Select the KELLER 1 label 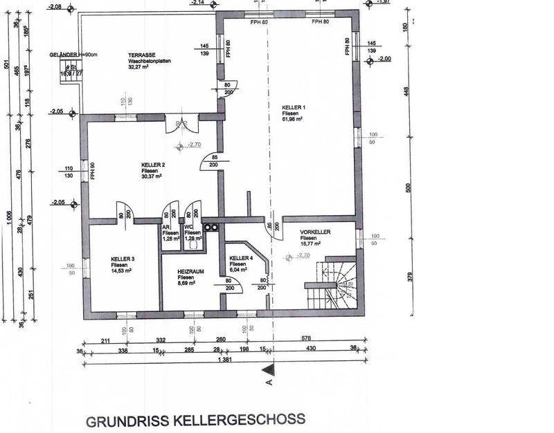(x=294, y=109)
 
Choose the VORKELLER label (x=315, y=232)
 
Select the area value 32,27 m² (x=141, y=68)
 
